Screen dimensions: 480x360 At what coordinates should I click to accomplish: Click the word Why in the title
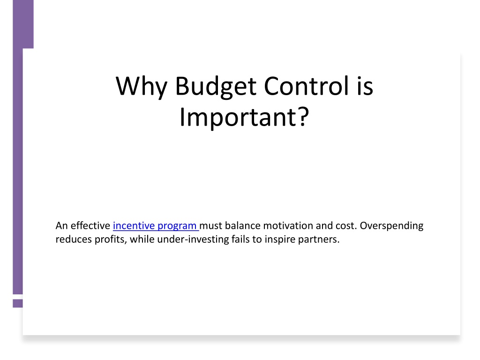point(142,87)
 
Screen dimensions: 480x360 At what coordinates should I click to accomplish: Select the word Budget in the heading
point(216,87)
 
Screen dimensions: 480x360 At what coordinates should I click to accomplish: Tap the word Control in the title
point(306,86)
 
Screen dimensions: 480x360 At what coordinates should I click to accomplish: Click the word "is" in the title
point(365,86)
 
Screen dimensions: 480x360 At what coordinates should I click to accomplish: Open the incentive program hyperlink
point(156,225)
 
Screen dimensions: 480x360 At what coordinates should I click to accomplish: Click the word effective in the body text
point(90,225)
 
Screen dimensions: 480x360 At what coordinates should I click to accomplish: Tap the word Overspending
point(391,226)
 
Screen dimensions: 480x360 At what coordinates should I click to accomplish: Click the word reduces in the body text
point(74,239)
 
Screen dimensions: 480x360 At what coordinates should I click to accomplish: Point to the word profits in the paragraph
point(110,240)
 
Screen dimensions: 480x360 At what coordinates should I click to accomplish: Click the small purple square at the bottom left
point(18,303)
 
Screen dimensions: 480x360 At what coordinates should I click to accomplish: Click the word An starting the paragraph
point(61,225)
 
